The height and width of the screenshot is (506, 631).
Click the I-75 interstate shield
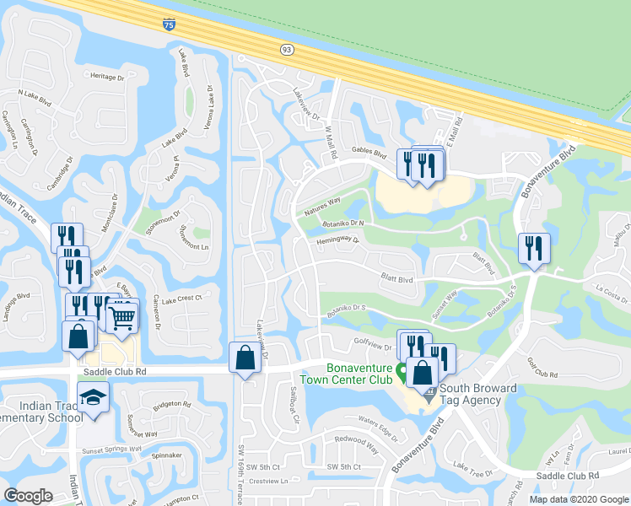pos(170,25)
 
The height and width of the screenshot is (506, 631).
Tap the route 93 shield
pos(287,51)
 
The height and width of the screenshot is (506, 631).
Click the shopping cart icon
pos(122,317)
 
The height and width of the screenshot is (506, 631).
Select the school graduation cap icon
pos(93,396)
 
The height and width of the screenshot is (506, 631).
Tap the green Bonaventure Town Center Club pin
pos(402,369)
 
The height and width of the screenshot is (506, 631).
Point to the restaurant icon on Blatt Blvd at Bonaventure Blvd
pos(535,248)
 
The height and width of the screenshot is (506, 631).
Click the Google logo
pos(29,496)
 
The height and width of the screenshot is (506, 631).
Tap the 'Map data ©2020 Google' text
pos(579,499)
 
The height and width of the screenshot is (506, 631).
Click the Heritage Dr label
pos(107,77)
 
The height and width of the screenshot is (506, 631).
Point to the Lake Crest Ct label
pos(181,299)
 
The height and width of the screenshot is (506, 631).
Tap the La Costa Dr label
pos(612,288)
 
